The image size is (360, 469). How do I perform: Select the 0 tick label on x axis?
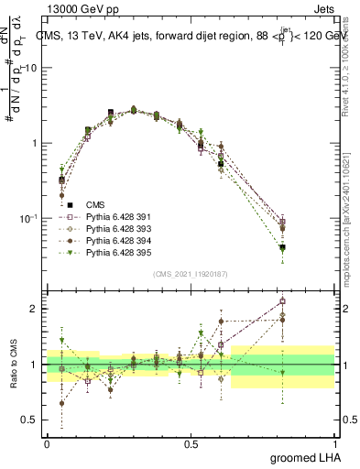[x=47, y=442]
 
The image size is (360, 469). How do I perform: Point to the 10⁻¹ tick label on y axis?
[x=29, y=218]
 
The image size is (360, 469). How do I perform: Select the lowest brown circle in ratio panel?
[x=61, y=403]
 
